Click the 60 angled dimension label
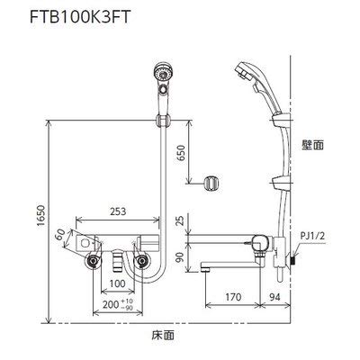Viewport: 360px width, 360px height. [60, 237]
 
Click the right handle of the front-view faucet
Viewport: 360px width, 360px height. [143, 262]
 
